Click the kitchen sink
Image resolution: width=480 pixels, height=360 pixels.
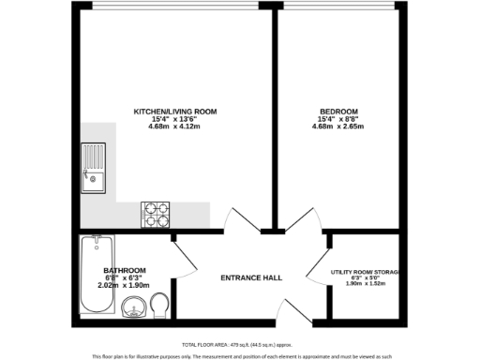pyautogui.click(x=93, y=166)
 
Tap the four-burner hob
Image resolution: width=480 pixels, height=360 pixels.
pyautogui.click(x=155, y=215)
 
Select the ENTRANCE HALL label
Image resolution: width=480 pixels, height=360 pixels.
pyautogui.click(x=251, y=277)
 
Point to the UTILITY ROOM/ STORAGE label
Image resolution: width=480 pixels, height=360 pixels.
pyautogui.click(x=365, y=273)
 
